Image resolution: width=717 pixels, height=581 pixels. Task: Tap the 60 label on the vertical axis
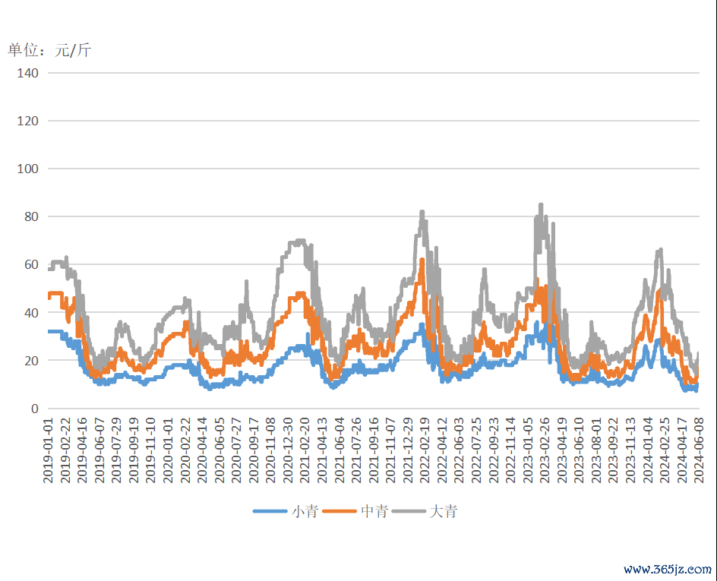click(x=31, y=264)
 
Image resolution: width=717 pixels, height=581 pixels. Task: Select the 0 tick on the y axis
click(x=34, y=409)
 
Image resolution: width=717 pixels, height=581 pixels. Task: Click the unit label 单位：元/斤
click(x=49, y=50)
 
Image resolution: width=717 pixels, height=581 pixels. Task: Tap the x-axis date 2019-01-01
click(x=48, y=449)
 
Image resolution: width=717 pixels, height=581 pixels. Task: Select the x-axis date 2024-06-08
click(x=700, y=449)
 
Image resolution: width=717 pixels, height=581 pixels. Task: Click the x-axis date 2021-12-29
click(x=406, y=449)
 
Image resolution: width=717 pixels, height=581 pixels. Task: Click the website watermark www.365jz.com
click(x=668, y=569)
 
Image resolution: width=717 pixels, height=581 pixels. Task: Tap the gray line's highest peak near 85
click(x=541, y=205)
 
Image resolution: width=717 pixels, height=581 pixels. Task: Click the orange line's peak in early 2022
click(x=422, y=261)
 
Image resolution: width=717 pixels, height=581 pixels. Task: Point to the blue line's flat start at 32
click(x=55, y=332)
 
